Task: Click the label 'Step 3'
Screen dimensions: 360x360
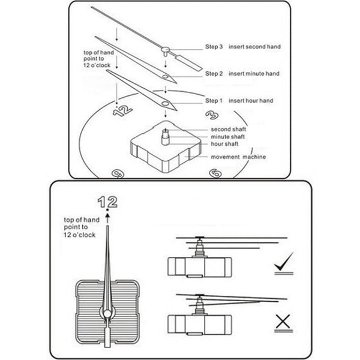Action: pyautogui.click(x=215, y=46)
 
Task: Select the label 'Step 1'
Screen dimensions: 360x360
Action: pyautogui.click(x=215, y=101)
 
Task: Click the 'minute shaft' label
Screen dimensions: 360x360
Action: pyautogui.click(x=227, y=137)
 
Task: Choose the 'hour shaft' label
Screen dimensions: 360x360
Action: pyautogui.click(x=225, y=144)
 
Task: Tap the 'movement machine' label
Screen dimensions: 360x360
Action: pyautogui.click(x=238, y=157)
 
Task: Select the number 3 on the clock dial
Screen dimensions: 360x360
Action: pyautogui.click(x=211, y=115)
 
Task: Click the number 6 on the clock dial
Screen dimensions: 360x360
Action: pyautogui.click(x=215, y=173)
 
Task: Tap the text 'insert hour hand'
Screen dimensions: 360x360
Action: pyautogui.click(x=253, y=101)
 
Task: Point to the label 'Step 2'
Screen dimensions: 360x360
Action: pyautogui.click(x=215, y=74)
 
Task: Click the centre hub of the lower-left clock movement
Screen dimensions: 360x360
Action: pyautogui.click(x=107, y=314)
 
